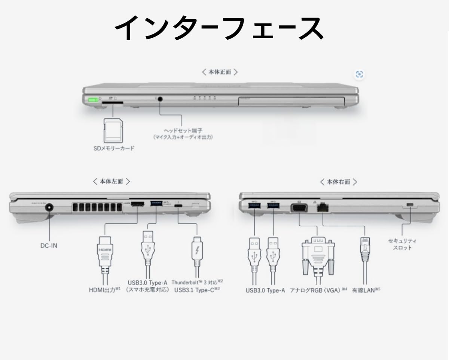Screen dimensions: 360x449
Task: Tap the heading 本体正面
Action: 220,72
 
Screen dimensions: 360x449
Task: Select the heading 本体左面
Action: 111,181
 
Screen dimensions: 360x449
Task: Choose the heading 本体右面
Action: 338,182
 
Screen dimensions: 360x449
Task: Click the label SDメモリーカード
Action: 113,148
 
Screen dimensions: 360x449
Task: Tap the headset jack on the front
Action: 161,99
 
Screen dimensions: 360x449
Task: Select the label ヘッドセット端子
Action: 183,131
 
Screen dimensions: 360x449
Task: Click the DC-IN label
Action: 49,246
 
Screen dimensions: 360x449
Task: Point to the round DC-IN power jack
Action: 49,208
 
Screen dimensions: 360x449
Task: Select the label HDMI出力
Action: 104,290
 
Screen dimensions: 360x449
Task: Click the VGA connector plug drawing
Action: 318,254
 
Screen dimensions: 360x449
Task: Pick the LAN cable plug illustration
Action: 365,251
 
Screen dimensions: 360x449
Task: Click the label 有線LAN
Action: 366,290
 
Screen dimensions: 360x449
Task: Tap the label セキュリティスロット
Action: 402,244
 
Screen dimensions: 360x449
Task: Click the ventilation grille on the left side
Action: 96,208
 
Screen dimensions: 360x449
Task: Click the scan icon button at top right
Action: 360,74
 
